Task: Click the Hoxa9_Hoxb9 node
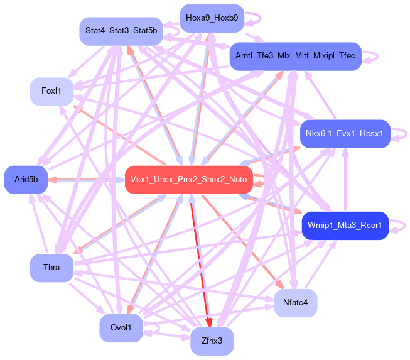tap(212, 18)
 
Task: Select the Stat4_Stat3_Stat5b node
tap(121, 31)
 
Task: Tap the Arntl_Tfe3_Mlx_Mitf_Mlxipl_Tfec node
tap(295, 56)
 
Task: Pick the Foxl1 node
tap(51, 91)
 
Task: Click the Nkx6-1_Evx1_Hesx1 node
tap(345, 134)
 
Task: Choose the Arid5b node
tap(26, 180)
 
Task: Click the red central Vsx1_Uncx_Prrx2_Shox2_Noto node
tap(188, 180)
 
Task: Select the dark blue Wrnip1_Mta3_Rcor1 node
tap(345, 225)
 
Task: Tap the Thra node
tap(51, 268)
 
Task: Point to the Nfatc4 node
tap(295, 303)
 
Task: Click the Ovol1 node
tap(121, 328)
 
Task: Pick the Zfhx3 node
tap(212, 341)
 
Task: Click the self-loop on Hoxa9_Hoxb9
tap(254, 18)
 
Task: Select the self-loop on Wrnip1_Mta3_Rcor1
tap(400, 225)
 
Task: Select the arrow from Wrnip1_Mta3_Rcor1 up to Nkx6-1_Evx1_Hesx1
tap(345, 182)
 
